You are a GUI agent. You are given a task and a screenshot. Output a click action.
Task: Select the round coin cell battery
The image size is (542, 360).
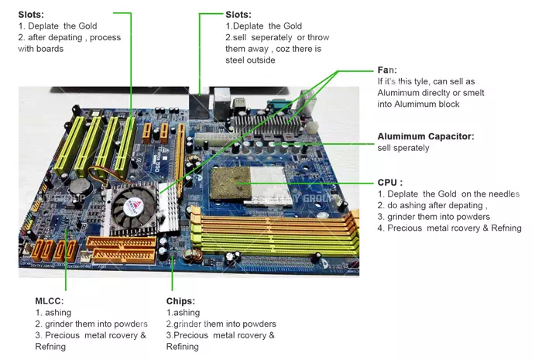pyautogui.click(x=77, y=187)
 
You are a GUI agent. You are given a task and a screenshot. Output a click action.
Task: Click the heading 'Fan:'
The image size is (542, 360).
pyautogui.click(x=387, y=70)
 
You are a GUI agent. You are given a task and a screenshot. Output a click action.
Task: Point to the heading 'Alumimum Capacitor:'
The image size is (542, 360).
pyautogui.click(x=425, y=136)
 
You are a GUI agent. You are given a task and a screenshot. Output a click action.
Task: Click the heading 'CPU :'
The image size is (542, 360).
pyautogui.click(x=390, y=182)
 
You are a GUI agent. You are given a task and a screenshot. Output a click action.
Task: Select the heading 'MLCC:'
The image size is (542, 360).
pyautogui.click(x=50, y=300)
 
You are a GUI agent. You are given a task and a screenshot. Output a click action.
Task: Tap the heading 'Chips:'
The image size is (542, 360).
pyautogui.click(x=181, y=300)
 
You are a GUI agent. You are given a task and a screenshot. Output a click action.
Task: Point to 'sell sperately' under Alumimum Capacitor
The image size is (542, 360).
pyautogui.click(x=403, y=148)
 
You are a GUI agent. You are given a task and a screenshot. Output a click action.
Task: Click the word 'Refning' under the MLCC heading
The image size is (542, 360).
pyautogui.click(x=51, y=347)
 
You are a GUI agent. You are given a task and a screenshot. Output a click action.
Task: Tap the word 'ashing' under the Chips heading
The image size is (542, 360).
pyautogui.click(x=190, y=312)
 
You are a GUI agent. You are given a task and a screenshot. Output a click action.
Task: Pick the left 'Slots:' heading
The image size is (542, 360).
pyautogui.click(x=31, y=14)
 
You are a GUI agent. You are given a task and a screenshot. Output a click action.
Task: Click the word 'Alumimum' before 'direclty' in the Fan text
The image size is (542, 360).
pyautogui.click(x=403, y=92)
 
